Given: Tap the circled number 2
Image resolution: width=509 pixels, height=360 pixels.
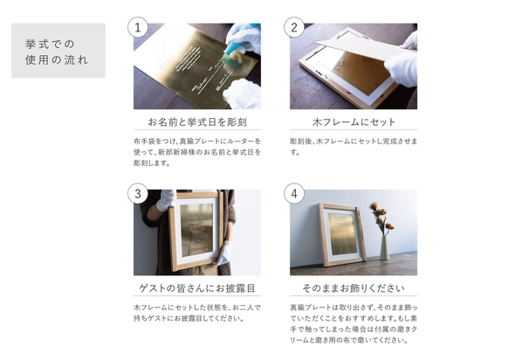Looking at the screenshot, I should click(294, 27).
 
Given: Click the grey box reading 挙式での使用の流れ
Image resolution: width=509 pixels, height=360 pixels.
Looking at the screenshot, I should click(58, 51).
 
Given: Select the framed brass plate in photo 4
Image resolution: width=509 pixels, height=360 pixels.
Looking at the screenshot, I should click(341, 234).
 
